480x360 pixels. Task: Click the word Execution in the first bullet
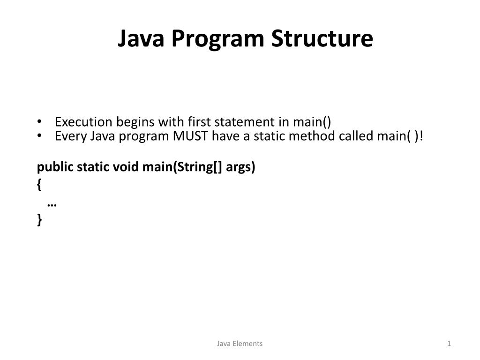coord(83,122)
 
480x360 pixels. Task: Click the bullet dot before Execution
coord(39,122)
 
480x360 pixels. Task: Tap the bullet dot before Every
coord(39,136)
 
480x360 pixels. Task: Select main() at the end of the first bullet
coord(312,122)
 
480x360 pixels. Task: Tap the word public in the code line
coord(51,167)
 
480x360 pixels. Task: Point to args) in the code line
coord(240,167)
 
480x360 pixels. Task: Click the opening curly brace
coord(39,186)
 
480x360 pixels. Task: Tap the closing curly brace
coord(39,219)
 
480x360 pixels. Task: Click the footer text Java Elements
coord(240,344)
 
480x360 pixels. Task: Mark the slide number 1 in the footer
coord(449,344)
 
